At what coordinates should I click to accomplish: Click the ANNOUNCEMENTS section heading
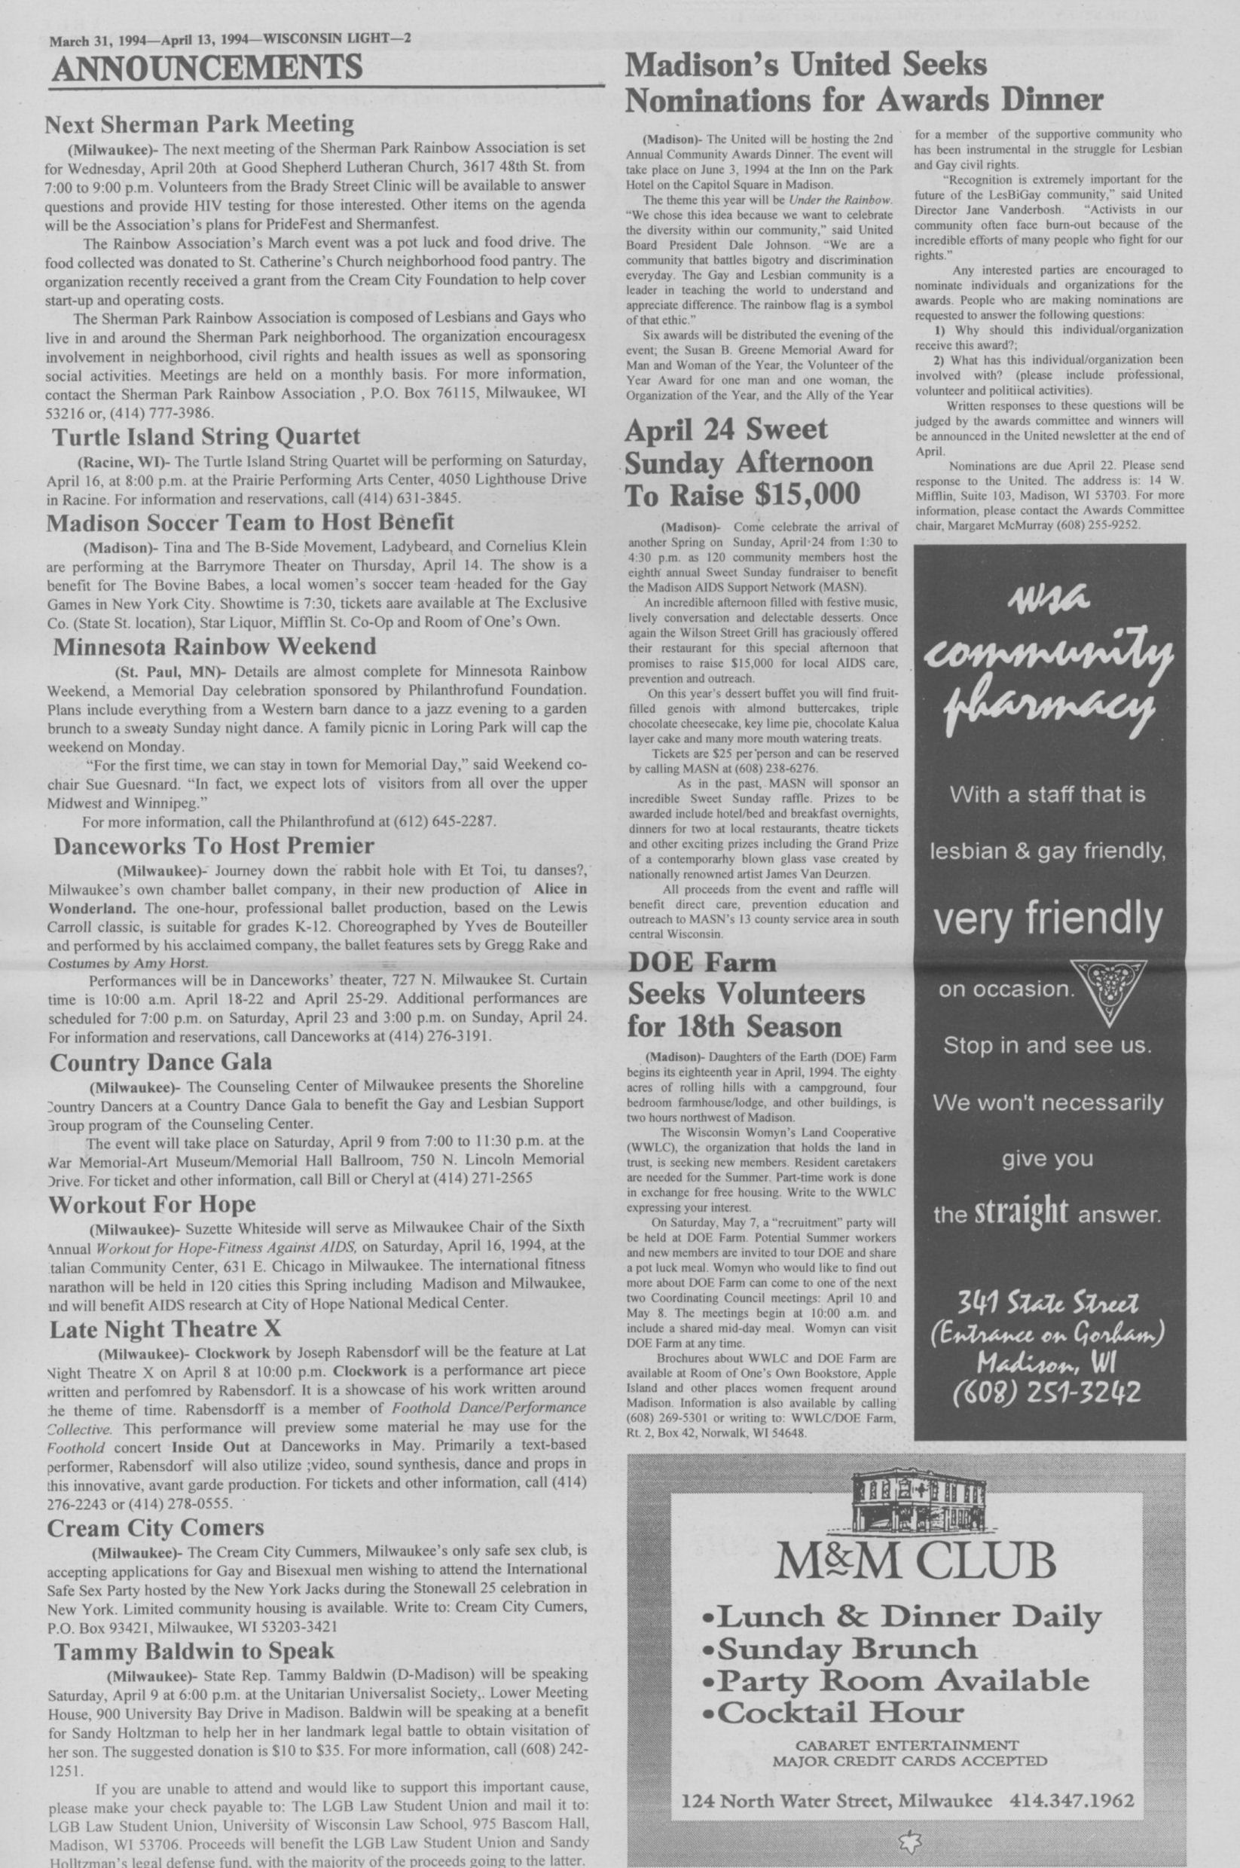pyautogui.click(x=206, y=67)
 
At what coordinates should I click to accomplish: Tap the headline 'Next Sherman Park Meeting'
pyautogui.click(x=200, y=124)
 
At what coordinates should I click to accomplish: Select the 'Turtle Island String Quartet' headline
pyautogui.click(x=206, y=436)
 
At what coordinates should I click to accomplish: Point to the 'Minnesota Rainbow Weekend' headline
pyautogui.click(x=214, y=646)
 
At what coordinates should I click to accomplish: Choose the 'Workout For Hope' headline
pyautogui.click(x=152, y=1204)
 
